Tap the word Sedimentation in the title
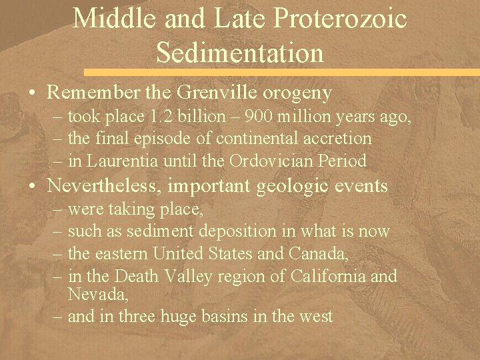pyautogui.click(x=239, y=51)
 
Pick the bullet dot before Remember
pyautogui.click(x=34, y=94)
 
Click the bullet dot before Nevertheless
pyautogui.click(x=34, y=185)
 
